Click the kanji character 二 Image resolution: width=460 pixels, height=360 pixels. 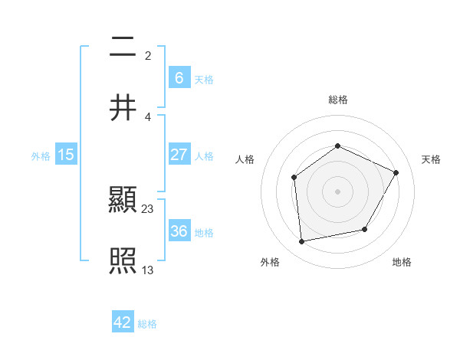pos(123,47)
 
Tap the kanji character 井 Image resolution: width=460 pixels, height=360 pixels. pos(123,107)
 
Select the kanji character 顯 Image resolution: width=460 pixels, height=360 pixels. pos(123,202)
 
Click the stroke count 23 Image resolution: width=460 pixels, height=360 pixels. pos(148,208)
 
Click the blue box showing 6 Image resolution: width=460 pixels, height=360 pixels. pos(179,77)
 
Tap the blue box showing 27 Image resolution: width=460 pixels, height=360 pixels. pos(179,155)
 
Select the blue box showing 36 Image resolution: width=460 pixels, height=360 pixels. pos(179,231)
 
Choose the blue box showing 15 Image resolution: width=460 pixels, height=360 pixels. pos(66,155)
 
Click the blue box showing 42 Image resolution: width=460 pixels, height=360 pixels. pos(123,322)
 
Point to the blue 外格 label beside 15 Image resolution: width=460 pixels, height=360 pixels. pos(41,156)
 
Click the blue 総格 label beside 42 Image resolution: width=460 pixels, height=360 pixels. pos(147,324)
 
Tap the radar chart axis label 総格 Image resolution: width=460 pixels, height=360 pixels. pos(337,100)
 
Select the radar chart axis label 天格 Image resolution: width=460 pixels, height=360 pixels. pos(431,159)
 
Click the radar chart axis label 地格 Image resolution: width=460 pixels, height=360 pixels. pos(402,263)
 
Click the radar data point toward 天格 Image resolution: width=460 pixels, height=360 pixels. pos(396,172)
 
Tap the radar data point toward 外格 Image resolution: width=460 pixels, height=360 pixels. pos(302,242)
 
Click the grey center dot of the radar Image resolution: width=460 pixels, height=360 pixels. pos(337,191)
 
